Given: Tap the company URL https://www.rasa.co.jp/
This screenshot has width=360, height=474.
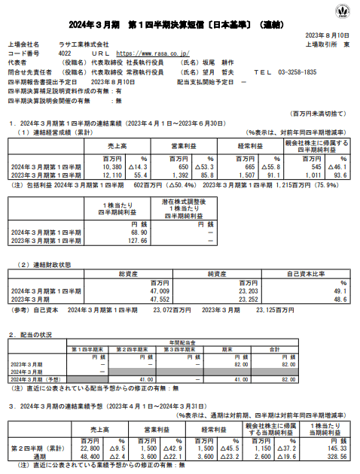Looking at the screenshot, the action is (154, 54).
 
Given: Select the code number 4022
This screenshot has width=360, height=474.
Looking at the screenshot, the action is (65, 54).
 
